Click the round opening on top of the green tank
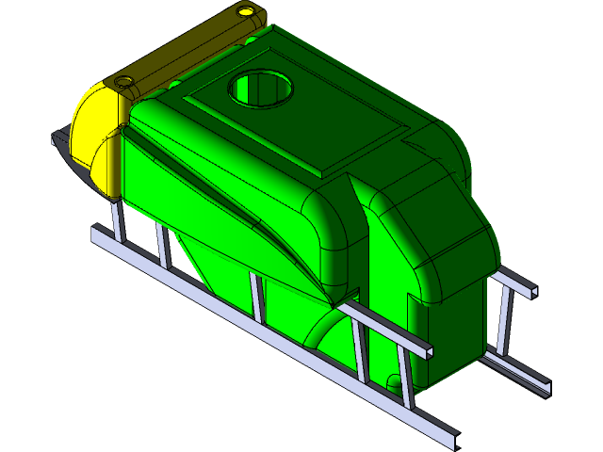262,89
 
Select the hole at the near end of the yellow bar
123,81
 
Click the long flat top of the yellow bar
184,47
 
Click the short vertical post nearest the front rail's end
406,377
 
